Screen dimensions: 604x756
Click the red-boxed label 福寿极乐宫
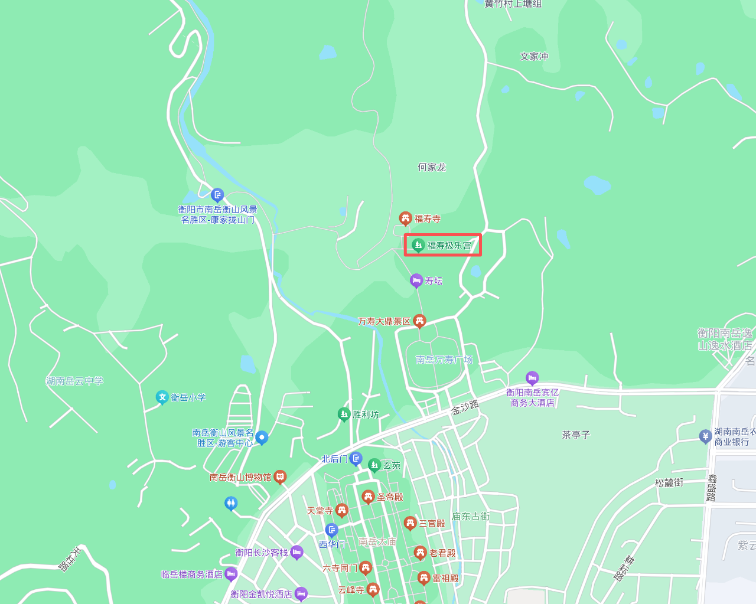click(x=449, y=246)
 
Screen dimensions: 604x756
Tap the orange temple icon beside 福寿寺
click(x=405, y=218)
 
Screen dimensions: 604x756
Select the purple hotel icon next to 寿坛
click(x=416, y=280)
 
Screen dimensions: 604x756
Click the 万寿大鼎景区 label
click(x=384, y=321)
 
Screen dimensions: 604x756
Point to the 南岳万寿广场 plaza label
click(x=444, y=360)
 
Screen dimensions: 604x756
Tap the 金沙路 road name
click(x=465, y=407)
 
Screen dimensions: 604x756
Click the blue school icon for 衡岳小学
click(x=162, y=397)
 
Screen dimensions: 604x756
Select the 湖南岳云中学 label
click(x=74, y=381)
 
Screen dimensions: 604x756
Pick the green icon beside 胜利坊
click(x=344, y=414)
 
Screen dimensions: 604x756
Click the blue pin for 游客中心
click(x=262, y=438)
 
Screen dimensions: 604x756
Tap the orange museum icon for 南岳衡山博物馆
click(x=280, y=476)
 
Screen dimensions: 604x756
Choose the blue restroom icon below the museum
click(x=231, y=503)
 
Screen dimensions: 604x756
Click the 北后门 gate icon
click(x=356, y=458)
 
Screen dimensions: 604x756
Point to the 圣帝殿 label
click(x=390, y=497)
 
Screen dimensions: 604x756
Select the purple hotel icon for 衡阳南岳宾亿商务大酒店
click(x=532, y=377)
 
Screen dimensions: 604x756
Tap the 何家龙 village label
click(x=432, y=167)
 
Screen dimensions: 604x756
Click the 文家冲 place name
click(x=534, y=57)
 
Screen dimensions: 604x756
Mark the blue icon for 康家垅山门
click(x=217, y=194)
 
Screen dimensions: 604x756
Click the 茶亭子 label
click(x=576, y=435)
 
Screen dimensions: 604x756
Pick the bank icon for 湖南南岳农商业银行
click(x=705, y=436)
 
